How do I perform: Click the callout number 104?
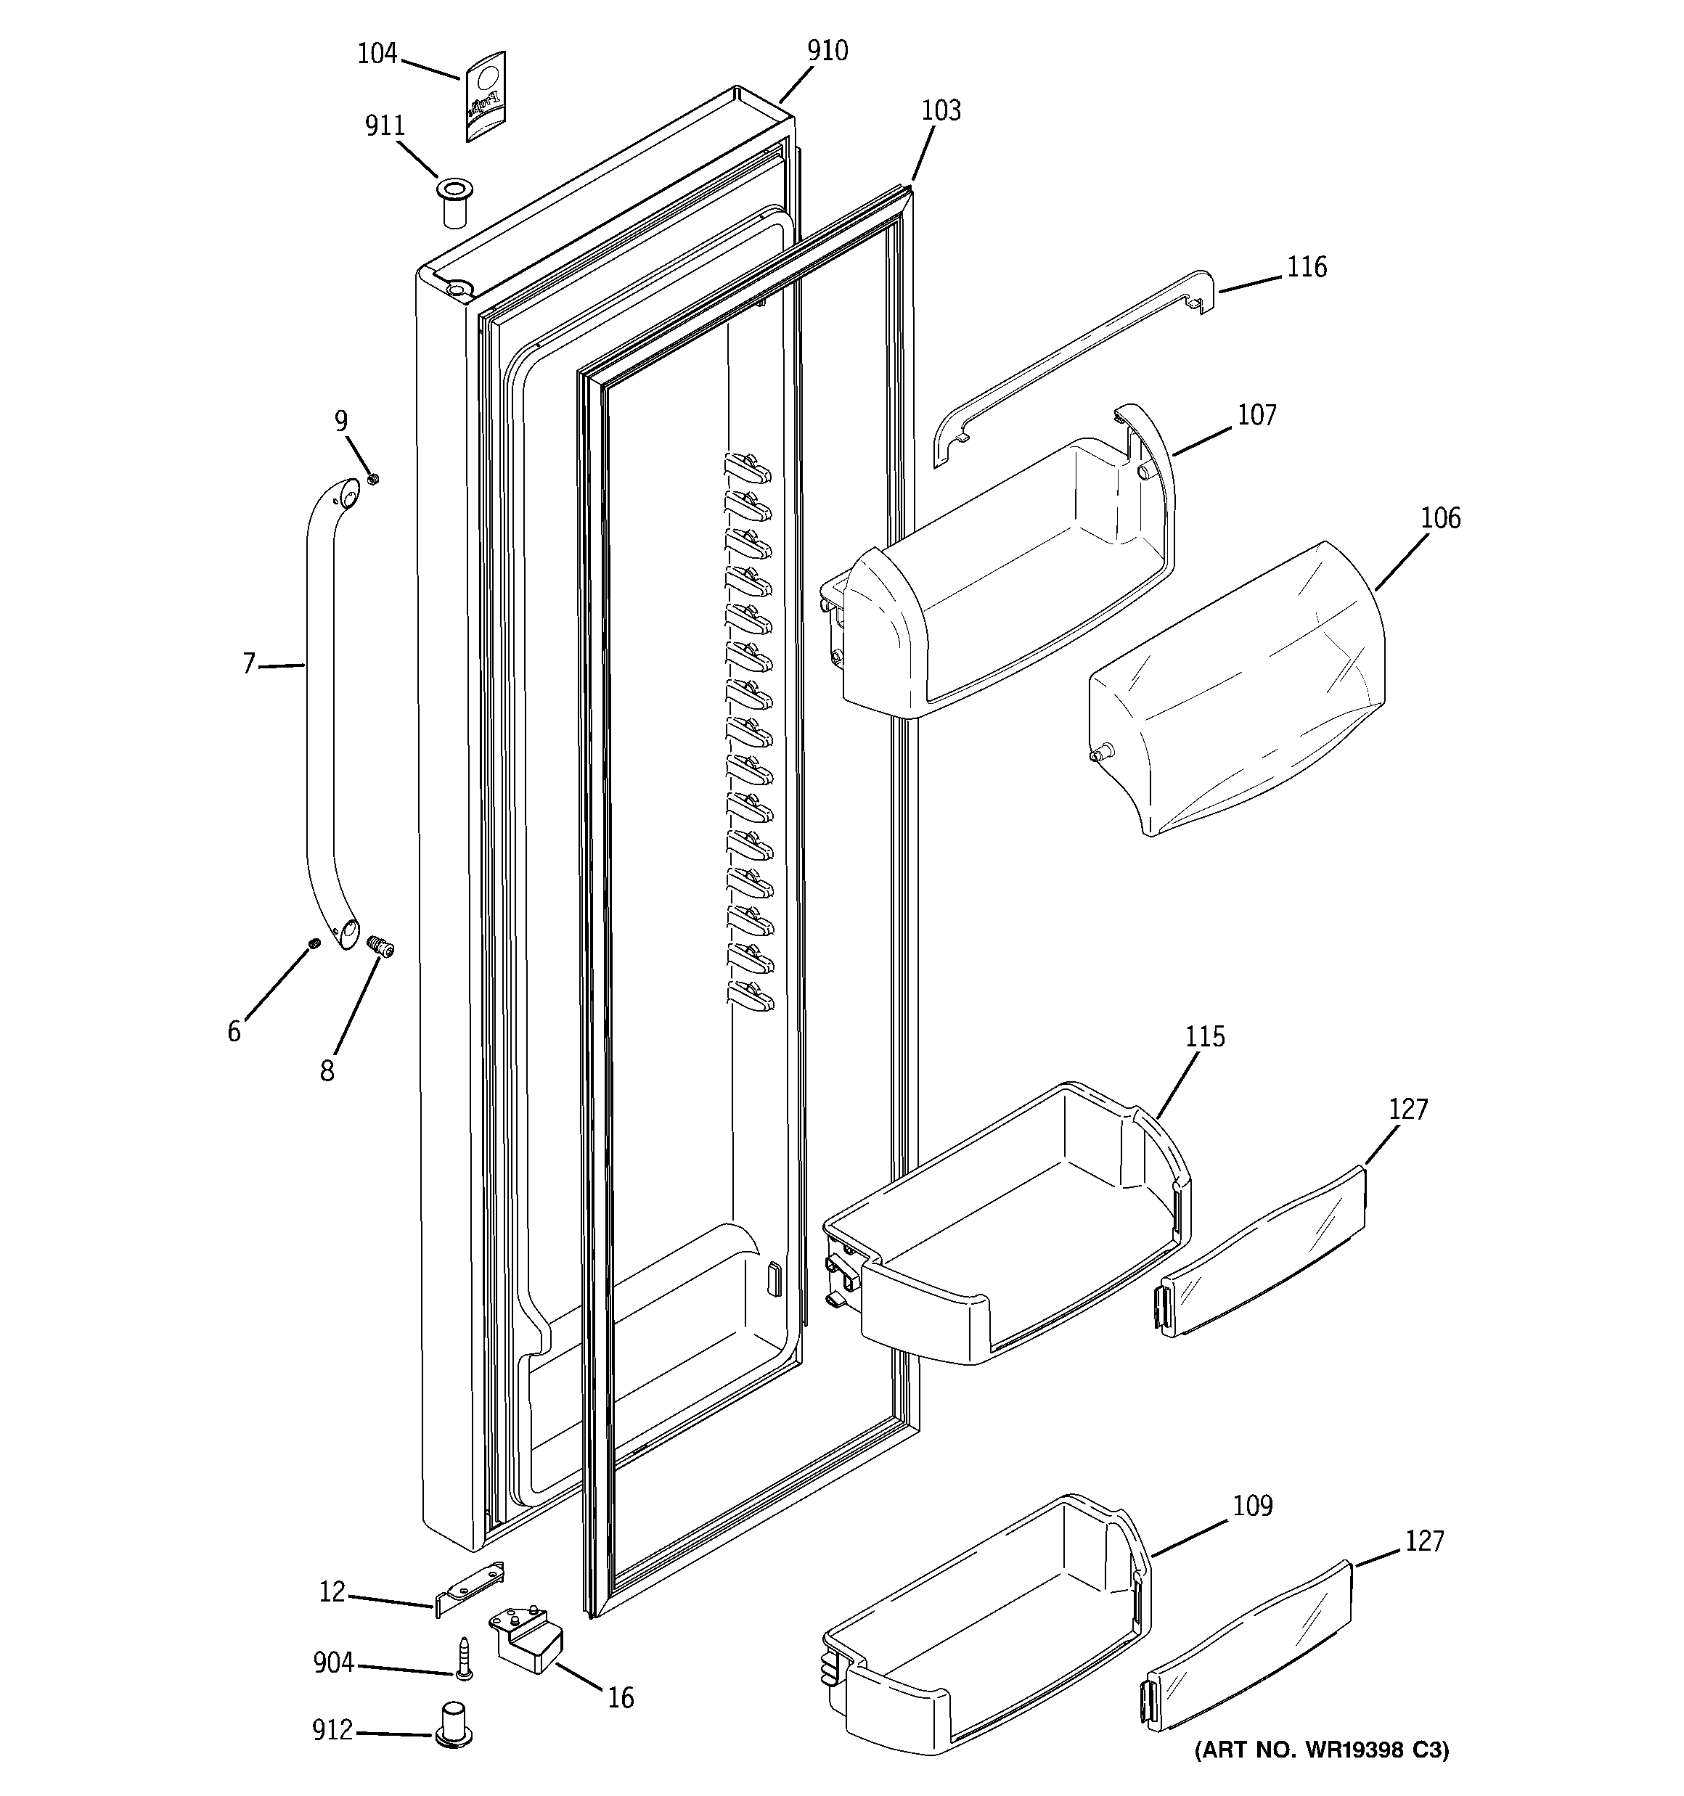(377, 54)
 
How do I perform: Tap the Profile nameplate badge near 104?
(486, 97)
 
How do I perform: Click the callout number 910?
(827, 51)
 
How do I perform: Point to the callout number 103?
(940, 110)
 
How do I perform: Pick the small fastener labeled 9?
(372, 479)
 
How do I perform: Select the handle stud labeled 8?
(382, 948)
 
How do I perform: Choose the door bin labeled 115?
(1003, 1229)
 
